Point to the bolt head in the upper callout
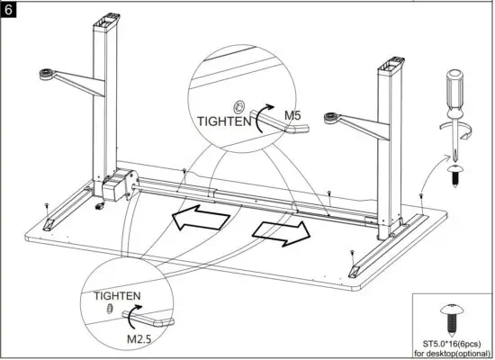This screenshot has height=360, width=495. tap(240, 104)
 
